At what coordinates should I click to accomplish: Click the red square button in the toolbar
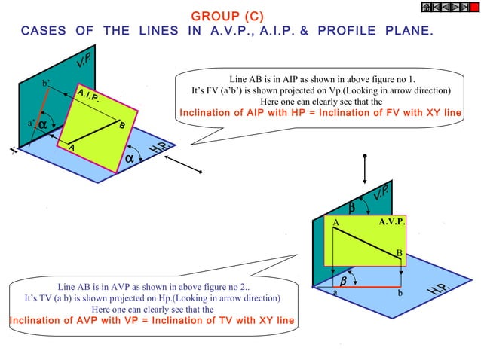point(475,7)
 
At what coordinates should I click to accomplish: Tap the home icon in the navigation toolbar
point(426,7)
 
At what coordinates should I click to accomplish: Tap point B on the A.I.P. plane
point(121,125)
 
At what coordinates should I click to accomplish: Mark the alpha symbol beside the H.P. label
point(130,159)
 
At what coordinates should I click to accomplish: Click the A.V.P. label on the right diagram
point(392,222)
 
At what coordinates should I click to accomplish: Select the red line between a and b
point(366,287)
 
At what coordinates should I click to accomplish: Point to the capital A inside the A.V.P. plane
point(336,224)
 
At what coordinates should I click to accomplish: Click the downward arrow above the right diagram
point(364,169)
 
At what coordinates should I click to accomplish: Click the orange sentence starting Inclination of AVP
point(151,320)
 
